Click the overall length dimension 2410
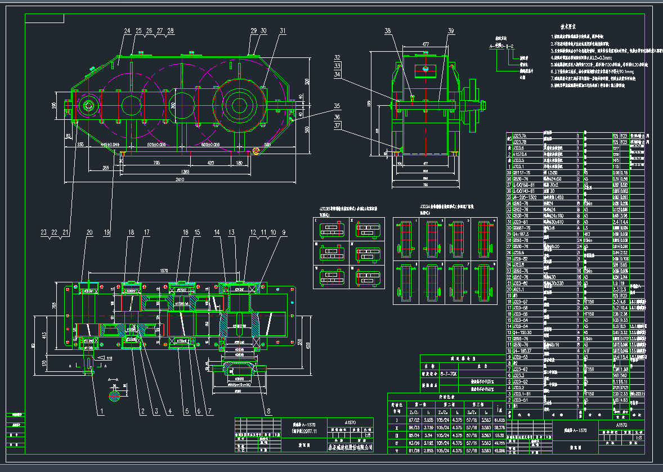180,180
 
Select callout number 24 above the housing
127,31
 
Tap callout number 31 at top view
283,31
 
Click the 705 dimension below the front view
156,163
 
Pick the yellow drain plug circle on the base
256,151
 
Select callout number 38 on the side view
387,31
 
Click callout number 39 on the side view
451,31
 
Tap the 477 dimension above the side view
425,43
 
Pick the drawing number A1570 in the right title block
621,425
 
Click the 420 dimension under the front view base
210,163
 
